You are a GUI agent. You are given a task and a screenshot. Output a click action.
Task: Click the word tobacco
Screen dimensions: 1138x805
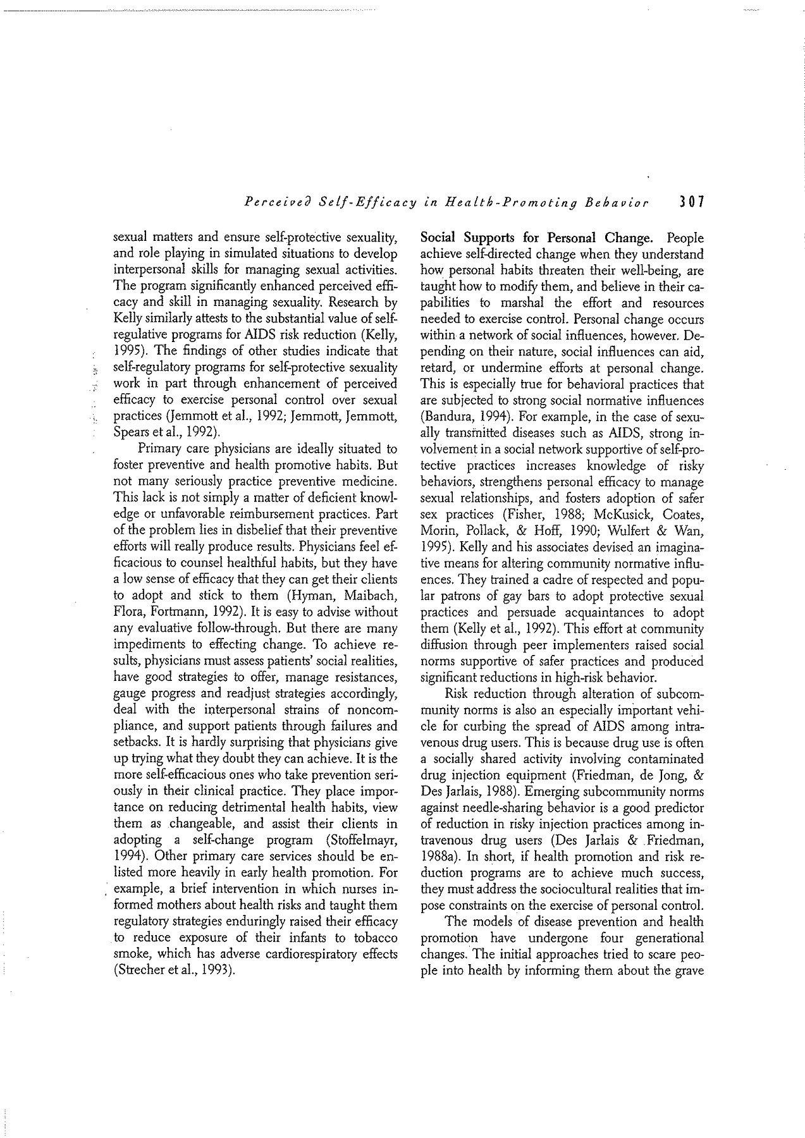tap(375, 937)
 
